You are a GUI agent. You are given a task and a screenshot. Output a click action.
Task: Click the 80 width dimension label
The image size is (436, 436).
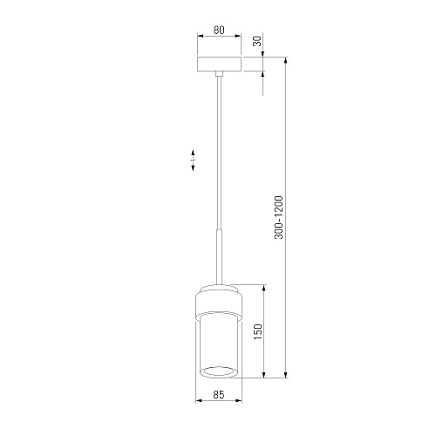pyautogui.click(x=219, y=30)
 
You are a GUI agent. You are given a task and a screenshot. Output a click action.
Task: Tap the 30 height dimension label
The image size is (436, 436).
pyautogui.click(x=257, y=41)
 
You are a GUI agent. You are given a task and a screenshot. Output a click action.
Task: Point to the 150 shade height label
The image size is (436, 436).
pyautogui.click(x=257, y=332)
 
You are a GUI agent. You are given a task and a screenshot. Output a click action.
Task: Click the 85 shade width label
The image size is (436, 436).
pyautogui.click(x=219, y=394)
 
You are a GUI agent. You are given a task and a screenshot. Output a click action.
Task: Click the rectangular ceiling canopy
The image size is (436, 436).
pyautogui.click(x=219, y=64)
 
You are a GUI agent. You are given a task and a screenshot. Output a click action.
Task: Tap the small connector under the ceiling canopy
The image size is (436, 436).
pyautogui.click(x=219, y=73)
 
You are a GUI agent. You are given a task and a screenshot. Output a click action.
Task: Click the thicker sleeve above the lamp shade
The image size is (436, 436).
pyautogui.click(x=219, y=256)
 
